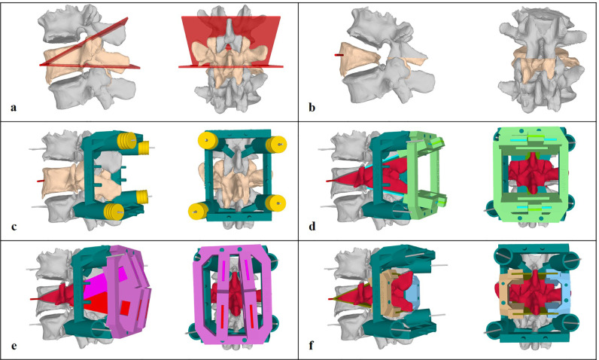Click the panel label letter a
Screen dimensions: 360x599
(x=14, y=107)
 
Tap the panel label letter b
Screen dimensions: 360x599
(x=312, y=107)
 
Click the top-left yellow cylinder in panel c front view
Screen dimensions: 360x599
(x=205, y=142)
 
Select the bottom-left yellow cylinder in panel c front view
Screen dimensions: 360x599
(x=205, y=203)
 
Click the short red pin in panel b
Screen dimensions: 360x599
(x=340, y=55)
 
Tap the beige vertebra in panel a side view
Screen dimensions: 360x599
(x=79, y=64)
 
